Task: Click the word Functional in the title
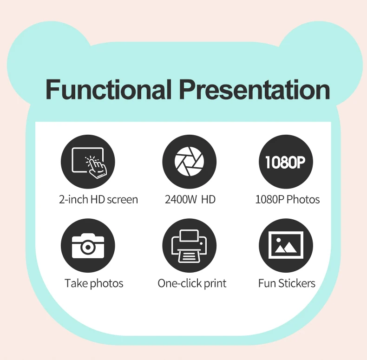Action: [109, 90]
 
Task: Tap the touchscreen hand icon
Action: [88, 162]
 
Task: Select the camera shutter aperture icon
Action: [189, 162]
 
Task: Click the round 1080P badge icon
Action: [285, 162]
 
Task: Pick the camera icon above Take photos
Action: [88, 245]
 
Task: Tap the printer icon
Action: [189, 245]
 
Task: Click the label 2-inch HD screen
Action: [98, 200]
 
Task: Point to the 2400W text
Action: [180, 200]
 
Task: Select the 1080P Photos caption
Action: [288, 200]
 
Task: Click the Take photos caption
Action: [94, 283]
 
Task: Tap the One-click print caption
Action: [192, 283]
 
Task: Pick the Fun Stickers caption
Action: [287, 283]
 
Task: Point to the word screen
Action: [122, 200]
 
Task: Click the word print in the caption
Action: [214, 283]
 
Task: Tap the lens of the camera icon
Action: [87, 247]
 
